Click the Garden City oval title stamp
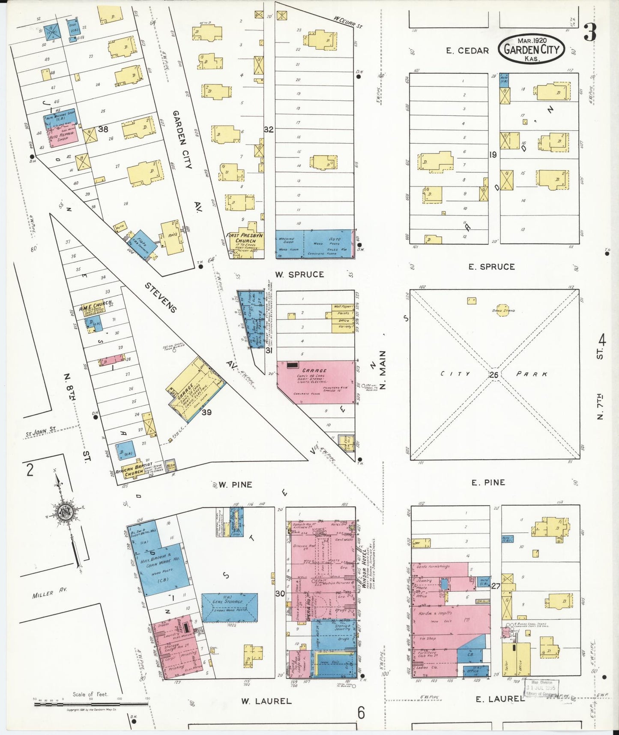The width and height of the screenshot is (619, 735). (531, 49)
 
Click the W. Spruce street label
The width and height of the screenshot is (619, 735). (299, 274)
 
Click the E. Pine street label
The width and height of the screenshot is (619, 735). (488, 482)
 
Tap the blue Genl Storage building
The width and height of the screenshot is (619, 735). (230, 607)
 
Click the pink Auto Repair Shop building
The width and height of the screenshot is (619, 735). (64, 136)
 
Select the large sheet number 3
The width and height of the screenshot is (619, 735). (590, 33)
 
